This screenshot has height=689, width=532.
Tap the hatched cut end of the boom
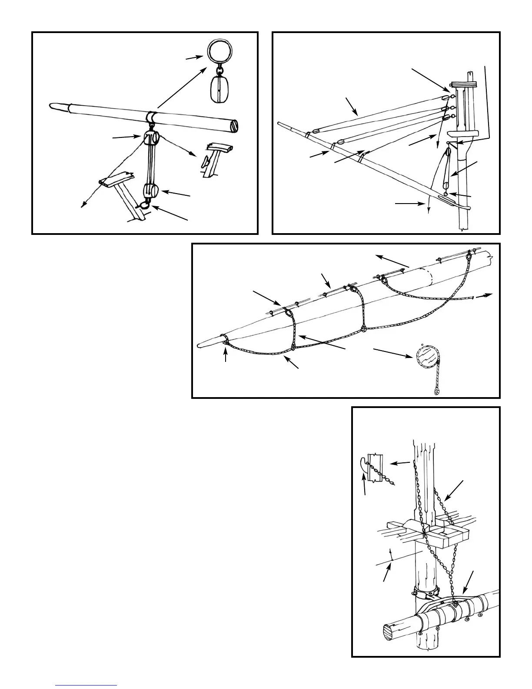click(x=235, y=126)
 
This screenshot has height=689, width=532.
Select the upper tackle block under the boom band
click(x=150, y=139)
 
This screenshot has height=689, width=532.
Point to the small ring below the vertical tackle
click(x=446, y=194)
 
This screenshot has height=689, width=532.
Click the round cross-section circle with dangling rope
click(x=426, y=357)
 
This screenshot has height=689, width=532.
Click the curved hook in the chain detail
click(x=363, y=465)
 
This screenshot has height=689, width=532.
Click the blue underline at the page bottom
click(x=86, y=685)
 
